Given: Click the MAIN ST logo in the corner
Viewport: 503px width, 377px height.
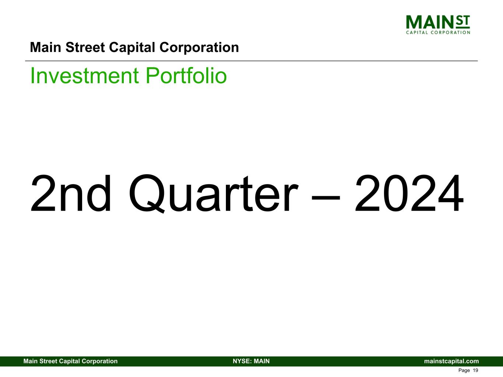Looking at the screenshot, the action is [x=438, y=25].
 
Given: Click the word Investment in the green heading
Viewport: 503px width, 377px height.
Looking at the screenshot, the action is [x=84, y=75].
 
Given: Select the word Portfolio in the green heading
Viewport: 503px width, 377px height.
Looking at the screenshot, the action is [x=186, y=75].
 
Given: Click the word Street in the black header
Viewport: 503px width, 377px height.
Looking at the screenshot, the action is [x=85, y=47].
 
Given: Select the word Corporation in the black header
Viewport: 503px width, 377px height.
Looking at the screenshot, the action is [x=199, y=47].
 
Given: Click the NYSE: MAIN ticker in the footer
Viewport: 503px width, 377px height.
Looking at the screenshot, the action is [x=251, y=361].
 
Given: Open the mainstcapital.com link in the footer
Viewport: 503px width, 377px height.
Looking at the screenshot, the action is [x=451, y=361].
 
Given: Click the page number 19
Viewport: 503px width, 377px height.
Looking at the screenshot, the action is [x=475, y=370].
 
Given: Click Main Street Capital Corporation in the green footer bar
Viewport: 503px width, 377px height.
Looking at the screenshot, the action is [x=70, y=361].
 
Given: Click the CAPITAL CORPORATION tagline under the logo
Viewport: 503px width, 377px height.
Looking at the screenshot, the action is [x=438, y=32].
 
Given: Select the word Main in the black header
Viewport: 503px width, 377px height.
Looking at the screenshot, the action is [x=45, y=47].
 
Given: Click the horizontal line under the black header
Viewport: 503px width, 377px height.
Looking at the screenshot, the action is [x=251, y=61].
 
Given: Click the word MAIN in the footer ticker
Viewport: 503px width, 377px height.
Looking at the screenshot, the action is [x=262, y=361].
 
